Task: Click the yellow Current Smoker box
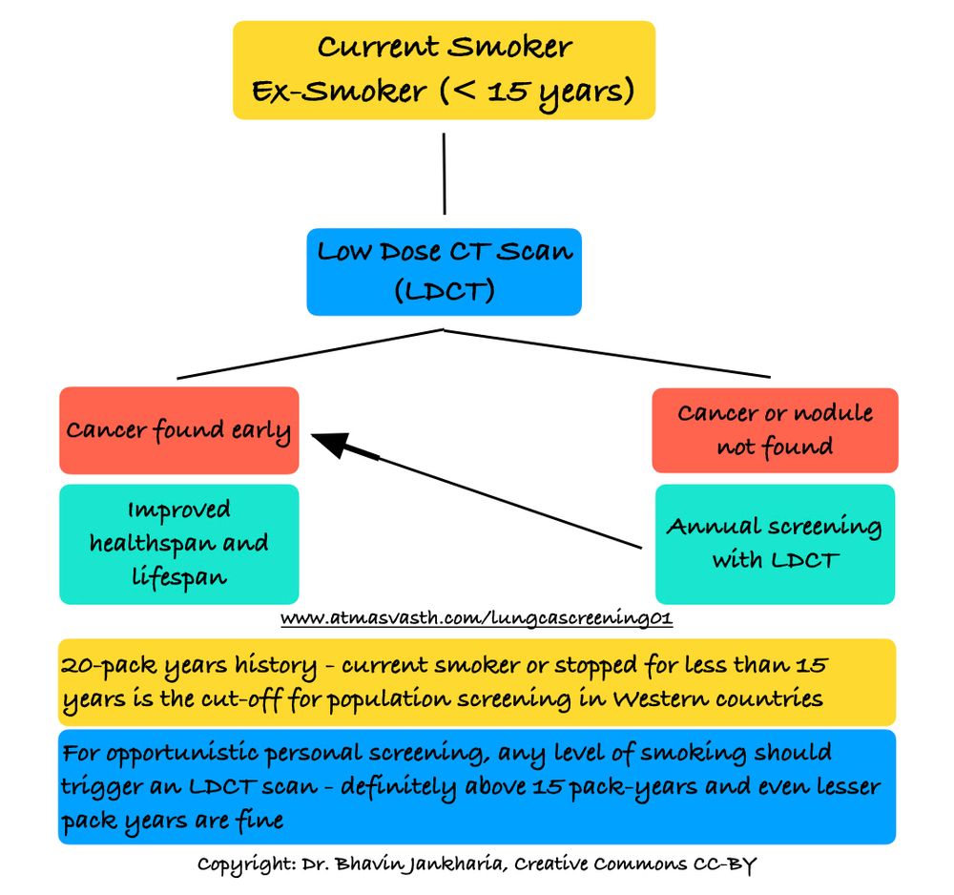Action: [444, 70]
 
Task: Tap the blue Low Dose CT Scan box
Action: [444, 271]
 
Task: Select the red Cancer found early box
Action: [178, 430]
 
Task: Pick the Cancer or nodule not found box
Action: [775, 429]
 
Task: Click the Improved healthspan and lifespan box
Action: [178, 544]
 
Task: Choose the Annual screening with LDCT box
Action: [775, 544]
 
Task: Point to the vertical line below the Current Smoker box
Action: [445, 174]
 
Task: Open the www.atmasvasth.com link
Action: [477, 619]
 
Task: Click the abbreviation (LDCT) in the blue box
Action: [445, 290]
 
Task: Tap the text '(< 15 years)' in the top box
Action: [534, 92]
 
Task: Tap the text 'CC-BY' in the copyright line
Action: [724, 864]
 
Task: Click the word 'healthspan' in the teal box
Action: [178, 544]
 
